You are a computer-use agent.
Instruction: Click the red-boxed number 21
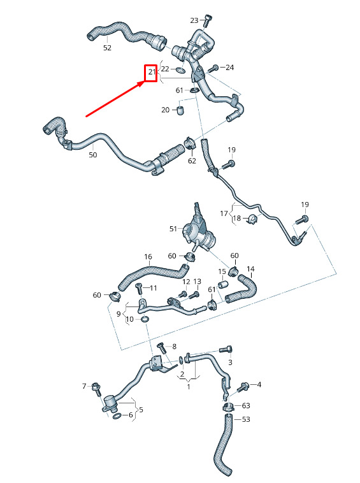(152, 72)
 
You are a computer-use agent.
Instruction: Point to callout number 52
(107, 48)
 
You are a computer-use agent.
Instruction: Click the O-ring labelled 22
(181, 71)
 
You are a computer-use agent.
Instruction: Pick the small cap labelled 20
(180, 110)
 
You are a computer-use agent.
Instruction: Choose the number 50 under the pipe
(92, 155)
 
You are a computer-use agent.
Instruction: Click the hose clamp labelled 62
(191, 144)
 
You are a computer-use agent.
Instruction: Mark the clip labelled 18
(253, 219)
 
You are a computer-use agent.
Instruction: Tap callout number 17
(224, 213)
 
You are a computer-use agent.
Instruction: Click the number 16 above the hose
(148, 257)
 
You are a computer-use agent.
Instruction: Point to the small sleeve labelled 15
(222, 284)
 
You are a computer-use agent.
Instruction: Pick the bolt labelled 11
(139, 288)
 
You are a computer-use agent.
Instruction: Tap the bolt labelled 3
(226, 349)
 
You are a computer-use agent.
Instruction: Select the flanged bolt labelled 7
(96, 389)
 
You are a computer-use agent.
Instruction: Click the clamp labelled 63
(228, 407)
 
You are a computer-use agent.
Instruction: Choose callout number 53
(246, 419)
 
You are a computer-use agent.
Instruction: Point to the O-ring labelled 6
(117, 416)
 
